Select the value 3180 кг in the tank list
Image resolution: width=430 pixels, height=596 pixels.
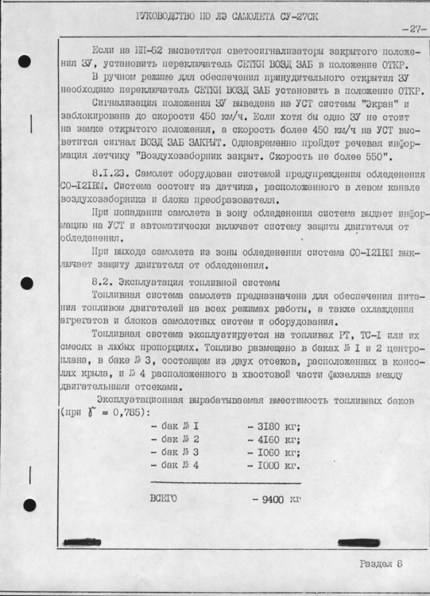tap(273, 425)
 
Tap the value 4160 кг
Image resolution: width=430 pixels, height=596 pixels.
tap(273, 439)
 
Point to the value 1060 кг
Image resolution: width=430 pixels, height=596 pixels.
tap(273, 451)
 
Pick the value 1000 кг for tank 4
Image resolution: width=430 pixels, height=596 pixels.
tap(273, 464)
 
